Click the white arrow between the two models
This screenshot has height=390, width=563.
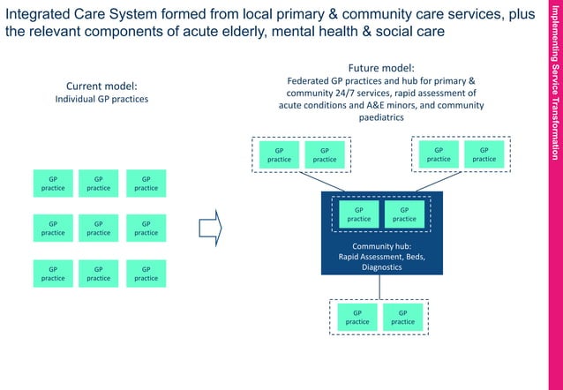210,228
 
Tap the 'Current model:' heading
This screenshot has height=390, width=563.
101,86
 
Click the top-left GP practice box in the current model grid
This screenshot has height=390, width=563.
53,182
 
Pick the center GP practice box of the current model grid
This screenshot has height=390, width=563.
99,228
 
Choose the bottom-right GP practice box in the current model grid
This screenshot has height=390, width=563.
146,273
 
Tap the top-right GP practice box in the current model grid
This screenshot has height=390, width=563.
146,182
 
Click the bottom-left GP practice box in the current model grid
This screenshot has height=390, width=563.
53,273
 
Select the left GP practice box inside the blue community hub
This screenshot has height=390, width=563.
358,214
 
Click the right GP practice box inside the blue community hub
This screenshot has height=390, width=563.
404,214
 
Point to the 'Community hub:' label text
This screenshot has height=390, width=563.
382,246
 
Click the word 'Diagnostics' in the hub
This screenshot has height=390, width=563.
382,266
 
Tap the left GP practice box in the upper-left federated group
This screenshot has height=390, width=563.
279,154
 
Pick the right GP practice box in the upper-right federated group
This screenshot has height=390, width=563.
484,154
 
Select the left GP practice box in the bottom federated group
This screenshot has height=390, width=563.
357,317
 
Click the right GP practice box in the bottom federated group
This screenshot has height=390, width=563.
402,317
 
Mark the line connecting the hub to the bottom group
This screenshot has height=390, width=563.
381,287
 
